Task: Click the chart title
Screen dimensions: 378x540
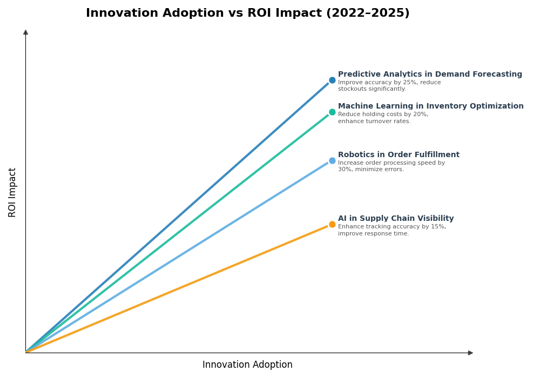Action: point(247,13)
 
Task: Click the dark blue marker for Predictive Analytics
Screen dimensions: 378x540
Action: point(332,80)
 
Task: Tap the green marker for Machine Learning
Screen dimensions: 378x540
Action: point(332,112)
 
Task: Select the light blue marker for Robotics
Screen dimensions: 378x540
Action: point(332,161)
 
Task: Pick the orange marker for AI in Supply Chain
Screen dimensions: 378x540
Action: point(332,225)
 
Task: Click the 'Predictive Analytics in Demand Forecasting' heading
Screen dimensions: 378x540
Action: point(430,75)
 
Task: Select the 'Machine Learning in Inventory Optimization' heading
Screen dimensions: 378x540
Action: point(430,106)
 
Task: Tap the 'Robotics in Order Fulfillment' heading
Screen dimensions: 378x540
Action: point(399,155)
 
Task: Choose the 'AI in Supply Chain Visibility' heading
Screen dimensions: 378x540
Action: point(396,219)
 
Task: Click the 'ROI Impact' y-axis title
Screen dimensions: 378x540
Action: point(12,192)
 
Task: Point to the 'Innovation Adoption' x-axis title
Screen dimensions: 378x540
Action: point(247,365)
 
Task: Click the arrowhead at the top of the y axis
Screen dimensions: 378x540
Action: point(25,32)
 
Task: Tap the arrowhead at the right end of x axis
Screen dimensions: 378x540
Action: point(470,353)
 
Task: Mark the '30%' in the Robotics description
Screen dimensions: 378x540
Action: point(343,170)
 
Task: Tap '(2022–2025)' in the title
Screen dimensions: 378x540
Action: point(368,13)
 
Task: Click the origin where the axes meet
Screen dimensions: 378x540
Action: point(25,353)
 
